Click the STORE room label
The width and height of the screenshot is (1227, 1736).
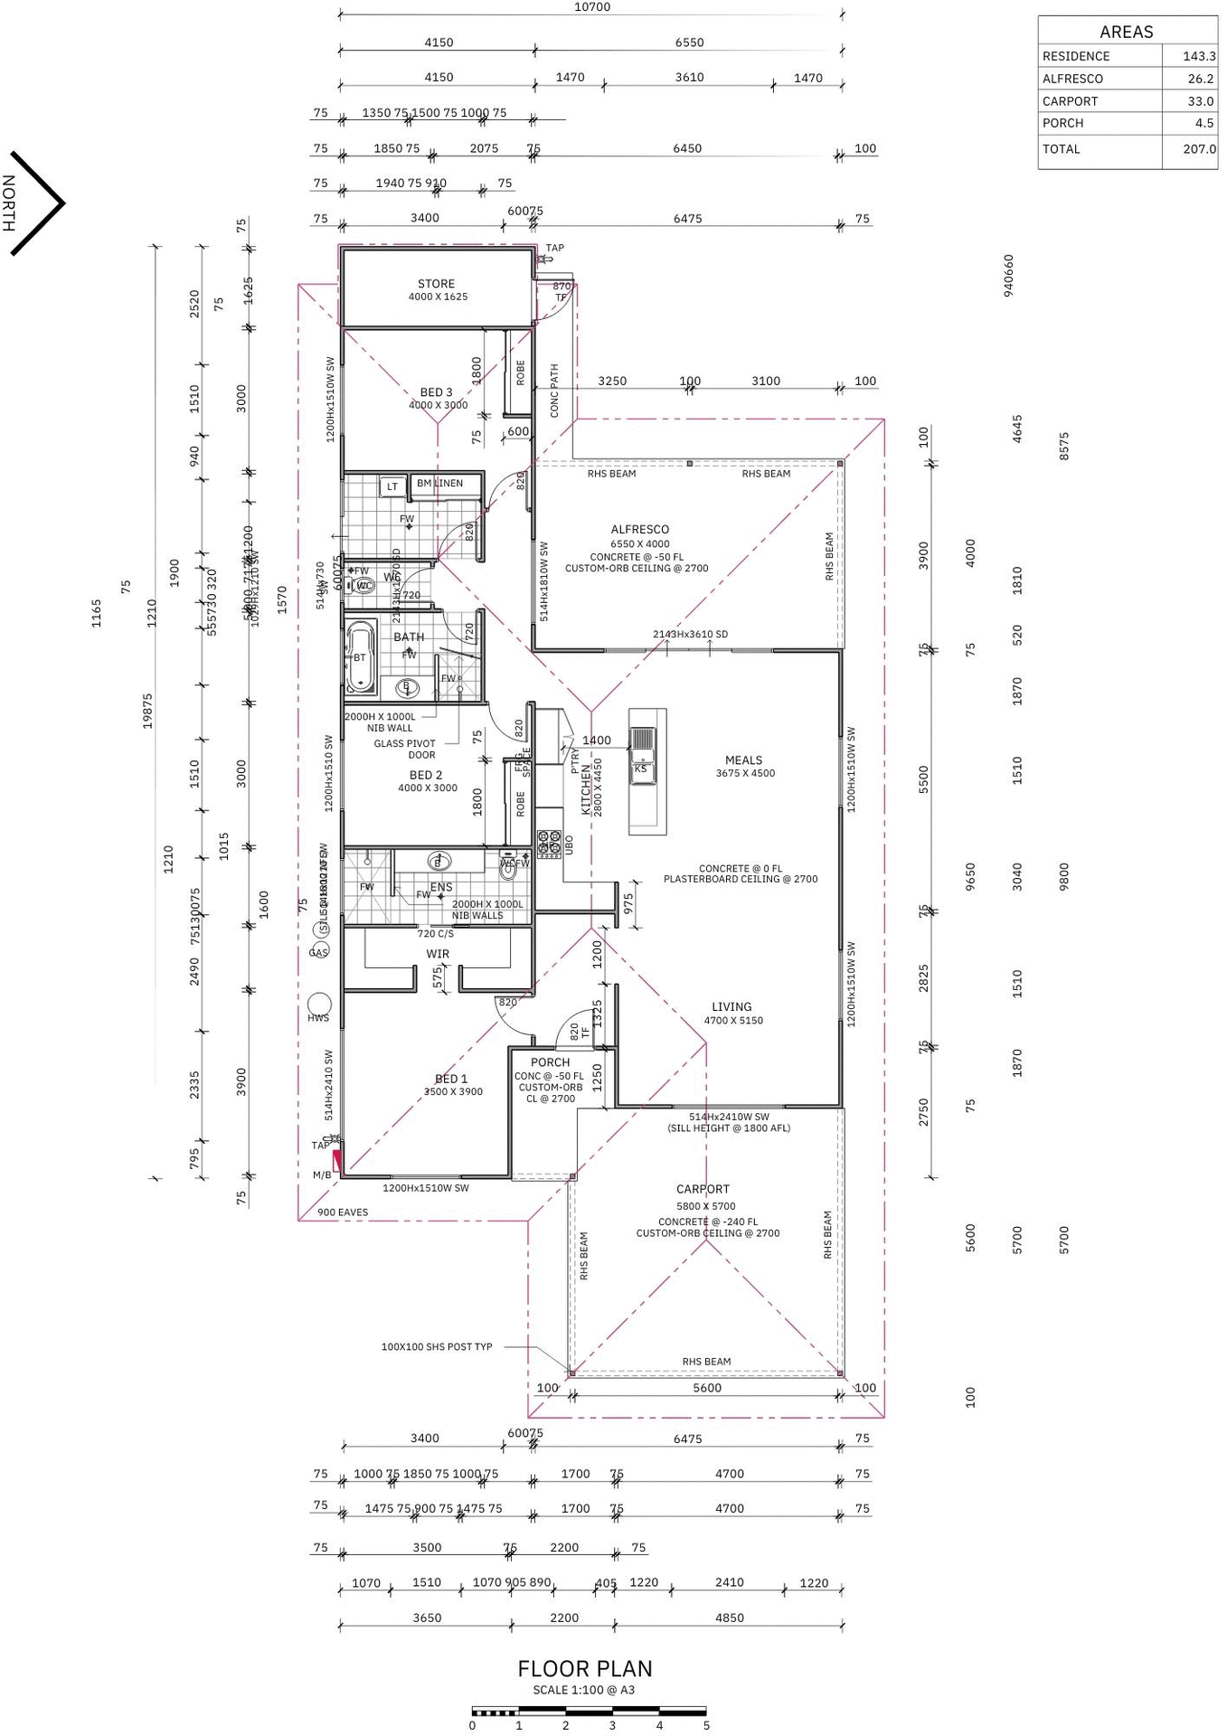point(436,284)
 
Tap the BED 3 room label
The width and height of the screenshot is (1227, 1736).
point(436,392)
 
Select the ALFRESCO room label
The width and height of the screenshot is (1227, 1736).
point(639,530)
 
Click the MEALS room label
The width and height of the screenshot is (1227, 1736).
point(743,760)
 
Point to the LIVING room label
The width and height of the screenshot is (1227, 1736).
point(731,1007)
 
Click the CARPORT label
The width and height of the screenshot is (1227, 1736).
point(703,1190)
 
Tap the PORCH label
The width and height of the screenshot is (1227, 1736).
point(550,1062)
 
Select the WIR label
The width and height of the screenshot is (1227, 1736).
point(438,954)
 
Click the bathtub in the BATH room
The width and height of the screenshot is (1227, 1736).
point(361,656)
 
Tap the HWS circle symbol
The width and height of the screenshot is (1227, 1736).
point(319,1004)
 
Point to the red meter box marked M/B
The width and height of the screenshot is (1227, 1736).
point(338,1160)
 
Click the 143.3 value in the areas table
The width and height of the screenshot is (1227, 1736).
point(1199,56)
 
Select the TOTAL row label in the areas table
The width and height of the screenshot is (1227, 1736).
point(1062,149)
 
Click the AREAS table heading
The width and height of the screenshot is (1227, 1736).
point(1126,32)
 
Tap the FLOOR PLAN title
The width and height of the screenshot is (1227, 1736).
point(584,1668)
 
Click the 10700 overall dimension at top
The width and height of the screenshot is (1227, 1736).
point(592,7)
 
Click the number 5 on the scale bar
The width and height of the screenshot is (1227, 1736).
point(706,1725)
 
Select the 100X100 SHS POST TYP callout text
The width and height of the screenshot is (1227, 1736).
point(437,1346)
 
